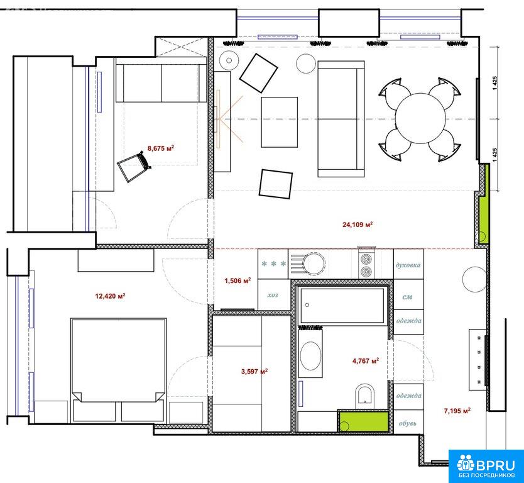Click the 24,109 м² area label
pos(358,225)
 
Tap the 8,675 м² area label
pos(161,148)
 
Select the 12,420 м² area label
pos(111,296)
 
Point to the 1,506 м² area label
pos(237,280)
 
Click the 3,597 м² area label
pos(254,371)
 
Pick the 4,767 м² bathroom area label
pos(366,361)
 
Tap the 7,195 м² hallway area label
pos(457,411)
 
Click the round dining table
pos(421,118)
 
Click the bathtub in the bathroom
pos(342,305)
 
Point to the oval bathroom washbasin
pos(311,356)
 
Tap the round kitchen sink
pos(314,264)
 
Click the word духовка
pos(408,265)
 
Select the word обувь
pos(408,423)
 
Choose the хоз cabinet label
pos(273,295)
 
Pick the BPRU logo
pos(486,466)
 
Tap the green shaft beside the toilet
pos(363,421)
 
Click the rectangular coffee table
pos(280,122)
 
